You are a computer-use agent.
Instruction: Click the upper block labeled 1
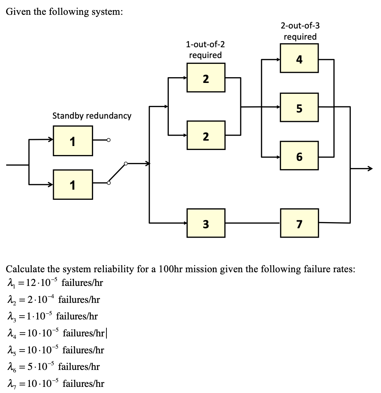point(73,141)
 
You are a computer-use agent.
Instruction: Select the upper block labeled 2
point(206,78)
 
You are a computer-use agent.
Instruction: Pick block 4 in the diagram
point(299,58)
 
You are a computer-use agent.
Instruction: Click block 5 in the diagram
point(299,107)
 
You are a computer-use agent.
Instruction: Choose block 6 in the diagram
point(299,156)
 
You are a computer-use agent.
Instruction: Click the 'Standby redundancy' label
point(92,116)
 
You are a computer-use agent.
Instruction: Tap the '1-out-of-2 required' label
point(205,50)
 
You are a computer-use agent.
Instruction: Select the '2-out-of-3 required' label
point(300,31)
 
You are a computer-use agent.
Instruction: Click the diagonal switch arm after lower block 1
point(117,173)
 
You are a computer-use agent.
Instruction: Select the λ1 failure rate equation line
point(55,283)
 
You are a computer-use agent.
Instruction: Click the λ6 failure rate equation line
point(53,367)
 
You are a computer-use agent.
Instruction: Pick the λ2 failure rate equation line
point(53,300)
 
